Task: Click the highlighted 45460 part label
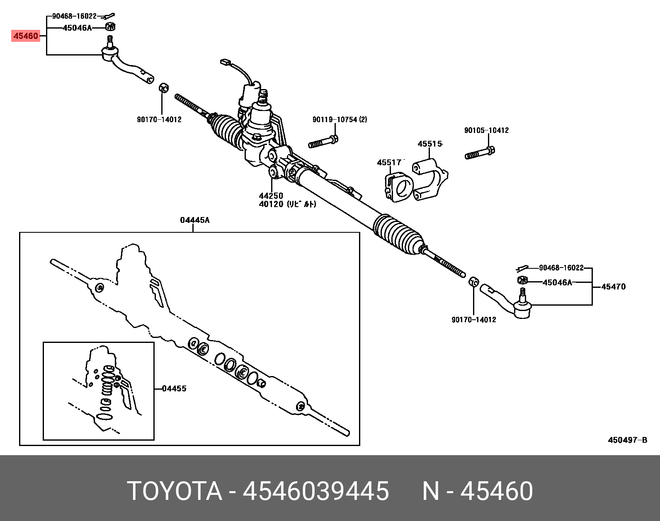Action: pyautogui.click(x=26, y=36)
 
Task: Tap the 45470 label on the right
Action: pyautogui.click(x=613, y=287)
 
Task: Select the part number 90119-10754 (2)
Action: pyautogui.click(x=340, y=120)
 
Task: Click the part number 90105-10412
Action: pyautogui.click(x=486, y=130)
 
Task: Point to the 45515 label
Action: pyautogui.click(x=429, y=144)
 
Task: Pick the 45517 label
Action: pyautogui.click(x=389, y=163)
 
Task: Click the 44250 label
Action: pyautogui.click(x=271, y=195)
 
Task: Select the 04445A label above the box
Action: pyautogui.click(x=194, y=220)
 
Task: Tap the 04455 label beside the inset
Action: pyautogui.click(x=174, y=388)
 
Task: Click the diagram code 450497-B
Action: pyautogui.click(x=627, y=440)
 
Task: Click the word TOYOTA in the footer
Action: pyautogui.click(x=175, y=491)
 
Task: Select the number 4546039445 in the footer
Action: pyautogui.click(x=315, y=491)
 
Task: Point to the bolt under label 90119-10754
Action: pyautogui.click(x=323, y=142)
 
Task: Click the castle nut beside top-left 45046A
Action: pyautogui.click(x=110, y=27)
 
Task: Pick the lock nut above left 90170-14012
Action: pyautogui.click(x=164, y=88)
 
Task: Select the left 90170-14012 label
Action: pyautogui.click(x=159, y=120)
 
